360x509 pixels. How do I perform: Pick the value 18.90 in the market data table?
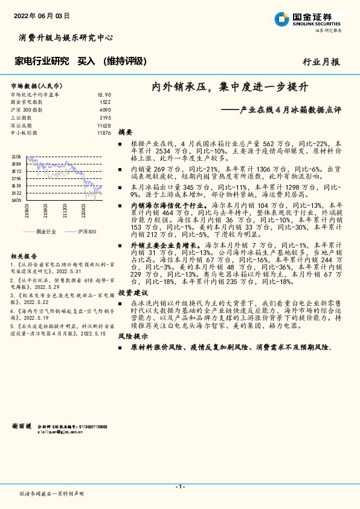click(104, 95)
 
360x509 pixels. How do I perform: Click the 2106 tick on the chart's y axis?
click(16, 156)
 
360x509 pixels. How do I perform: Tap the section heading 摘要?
click(125, 132)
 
